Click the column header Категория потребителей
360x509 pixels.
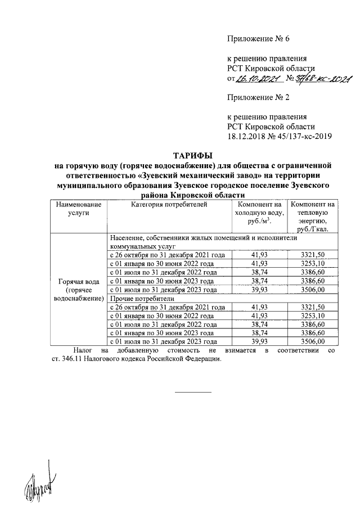pyautogui.click(x=169, y=204)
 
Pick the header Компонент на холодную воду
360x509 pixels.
pyautogui.click(x=259, y=213)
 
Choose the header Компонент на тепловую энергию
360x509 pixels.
pyautogui.click(x=313, y=217)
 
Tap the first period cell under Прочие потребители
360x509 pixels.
pyautogui.click(x=168, y=307)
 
